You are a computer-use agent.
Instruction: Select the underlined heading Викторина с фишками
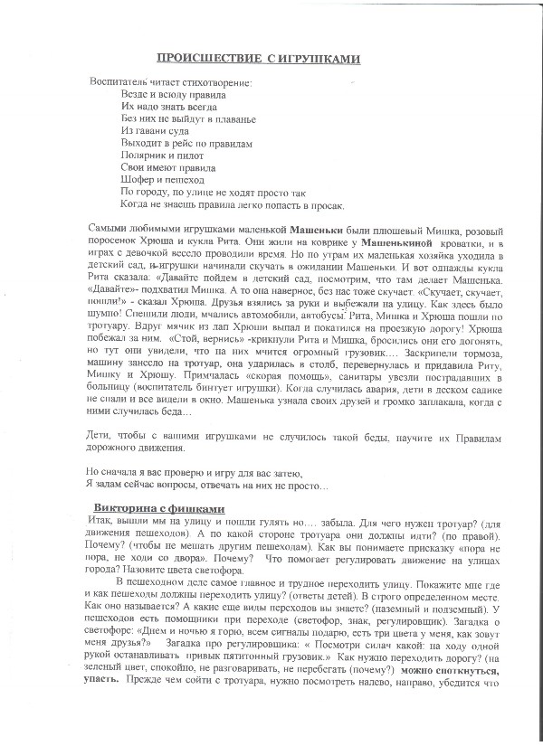coord(158,509)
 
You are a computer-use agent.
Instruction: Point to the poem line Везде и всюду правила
coord(173,94)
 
